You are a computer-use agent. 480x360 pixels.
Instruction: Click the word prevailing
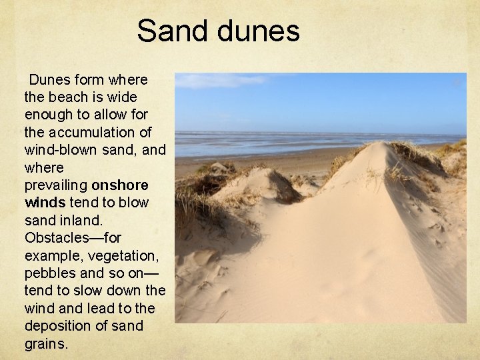(x=56, y=185)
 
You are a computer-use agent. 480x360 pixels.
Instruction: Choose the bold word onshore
(x=120, y=185)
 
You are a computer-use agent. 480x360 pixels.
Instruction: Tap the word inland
(x=83, y=219)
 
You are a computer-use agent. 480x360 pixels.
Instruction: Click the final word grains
(x=45, y=344)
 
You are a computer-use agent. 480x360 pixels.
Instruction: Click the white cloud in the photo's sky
(x=220, y=81)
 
